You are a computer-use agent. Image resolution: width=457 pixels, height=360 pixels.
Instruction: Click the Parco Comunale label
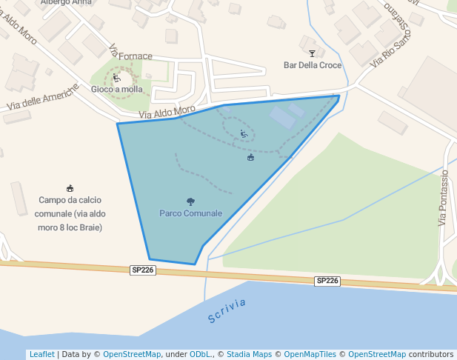(190, 213)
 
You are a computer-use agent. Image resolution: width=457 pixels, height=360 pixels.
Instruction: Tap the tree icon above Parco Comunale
(190, 201)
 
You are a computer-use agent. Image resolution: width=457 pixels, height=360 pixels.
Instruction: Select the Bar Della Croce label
(313, 65)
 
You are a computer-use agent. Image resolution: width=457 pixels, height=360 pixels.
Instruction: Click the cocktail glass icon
(312, 53)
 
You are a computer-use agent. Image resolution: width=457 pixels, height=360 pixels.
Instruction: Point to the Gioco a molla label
(117, 90)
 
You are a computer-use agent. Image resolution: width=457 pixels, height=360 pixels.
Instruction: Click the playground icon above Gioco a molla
(116, 77)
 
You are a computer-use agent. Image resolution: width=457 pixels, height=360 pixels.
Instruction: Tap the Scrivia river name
(226, 310)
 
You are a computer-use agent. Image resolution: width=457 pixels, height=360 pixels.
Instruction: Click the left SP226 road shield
(142, 270)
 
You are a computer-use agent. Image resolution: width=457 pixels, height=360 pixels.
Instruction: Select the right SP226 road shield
(327, 281)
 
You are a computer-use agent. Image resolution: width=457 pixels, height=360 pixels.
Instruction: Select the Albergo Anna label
(66, 2)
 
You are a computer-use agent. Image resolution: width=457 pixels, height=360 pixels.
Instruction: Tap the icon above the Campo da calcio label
(70, 188)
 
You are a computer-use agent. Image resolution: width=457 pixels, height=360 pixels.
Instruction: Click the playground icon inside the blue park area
(244, 134)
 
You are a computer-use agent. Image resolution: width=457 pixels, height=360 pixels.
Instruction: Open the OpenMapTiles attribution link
(315, 354)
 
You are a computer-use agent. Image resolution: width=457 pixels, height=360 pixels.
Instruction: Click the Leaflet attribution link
(41, 354)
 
